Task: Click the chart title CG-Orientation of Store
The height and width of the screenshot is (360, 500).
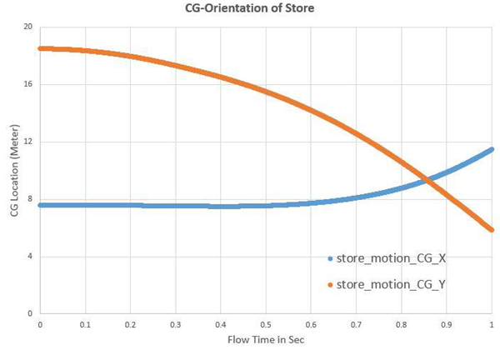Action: [251, 9]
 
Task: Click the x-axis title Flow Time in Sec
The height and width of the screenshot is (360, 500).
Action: [265, 340]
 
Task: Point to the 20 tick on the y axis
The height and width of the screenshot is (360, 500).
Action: [27, 27]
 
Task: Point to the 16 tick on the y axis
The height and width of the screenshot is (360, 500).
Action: [27, 84]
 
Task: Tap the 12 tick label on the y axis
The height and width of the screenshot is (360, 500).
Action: [27, 142]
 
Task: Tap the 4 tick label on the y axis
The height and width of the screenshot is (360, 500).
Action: [29, 256]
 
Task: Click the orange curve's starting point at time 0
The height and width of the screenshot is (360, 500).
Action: [40, 48]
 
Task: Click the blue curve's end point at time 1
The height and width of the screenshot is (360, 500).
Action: [492, 149]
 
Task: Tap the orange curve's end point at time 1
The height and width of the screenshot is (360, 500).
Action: [492, 229]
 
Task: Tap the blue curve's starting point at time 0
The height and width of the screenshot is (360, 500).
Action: [40, 204]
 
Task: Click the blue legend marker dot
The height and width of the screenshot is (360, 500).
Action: [331, 258]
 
